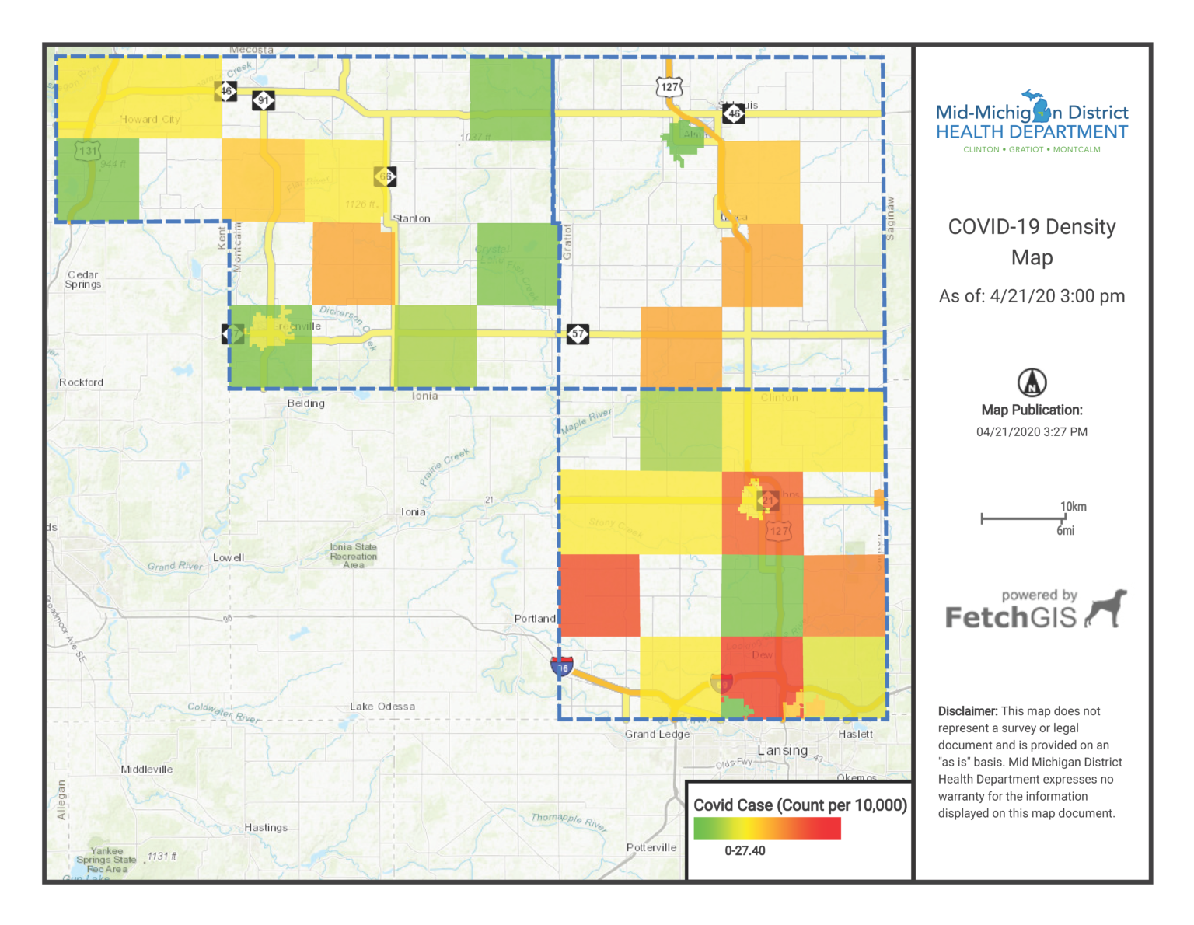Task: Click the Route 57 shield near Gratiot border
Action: click(x=578, y=334)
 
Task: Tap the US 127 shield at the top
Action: click(x=669, y=87)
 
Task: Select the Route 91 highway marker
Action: click(x=264, y=100)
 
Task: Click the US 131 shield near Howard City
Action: click(x=88, y=151)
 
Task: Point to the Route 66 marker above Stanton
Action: click(x=385, y=176)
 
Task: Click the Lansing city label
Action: click(x=782, y=750)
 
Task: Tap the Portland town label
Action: click(x=535, y=619)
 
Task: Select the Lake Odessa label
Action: click(x=382, y=707)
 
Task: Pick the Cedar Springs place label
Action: click(x=83, y=280)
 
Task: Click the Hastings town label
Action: click(x=266, y=828)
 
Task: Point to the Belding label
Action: click(x=306, y=403)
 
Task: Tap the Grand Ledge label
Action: click(x=657, y=735)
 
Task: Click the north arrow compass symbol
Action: click(x=1032, y=382)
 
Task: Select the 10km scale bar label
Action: click(x=1073, y=507)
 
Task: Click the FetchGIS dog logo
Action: click(x=1106, y=608)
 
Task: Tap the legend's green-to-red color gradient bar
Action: click(x=766, y=829)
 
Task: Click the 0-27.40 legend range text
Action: click(x=745, y=851)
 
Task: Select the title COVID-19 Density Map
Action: click(x=1032, y=242)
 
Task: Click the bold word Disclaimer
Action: click(x=967, y=711)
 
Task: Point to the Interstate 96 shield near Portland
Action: click(x=561, y=667)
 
